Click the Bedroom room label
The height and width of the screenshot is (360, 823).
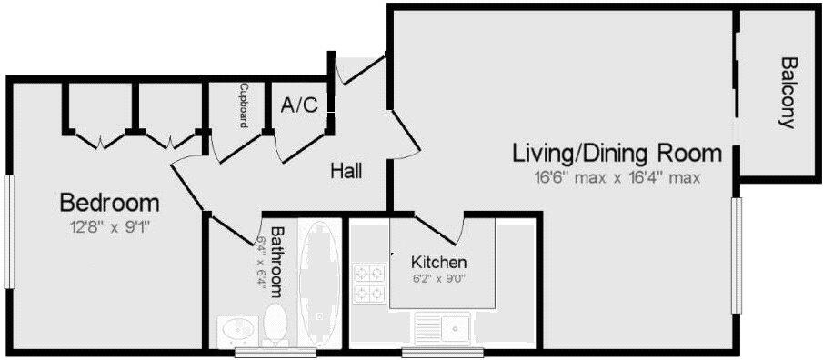click(109, 202)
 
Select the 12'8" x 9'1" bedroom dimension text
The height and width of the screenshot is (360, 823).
click(109, 226)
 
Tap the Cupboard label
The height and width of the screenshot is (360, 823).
click(244, 105)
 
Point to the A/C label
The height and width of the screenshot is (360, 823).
click(299, 105)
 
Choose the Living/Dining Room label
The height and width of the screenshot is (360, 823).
click(617, 153)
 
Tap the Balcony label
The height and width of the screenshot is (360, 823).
click(788, 94)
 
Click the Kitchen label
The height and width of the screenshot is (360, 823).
click(439, 263)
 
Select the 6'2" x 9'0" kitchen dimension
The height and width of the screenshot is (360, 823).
click(439, 280)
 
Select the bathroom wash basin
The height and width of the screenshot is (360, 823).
click(239, 328)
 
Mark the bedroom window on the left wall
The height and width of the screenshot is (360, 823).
click(10, 231)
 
